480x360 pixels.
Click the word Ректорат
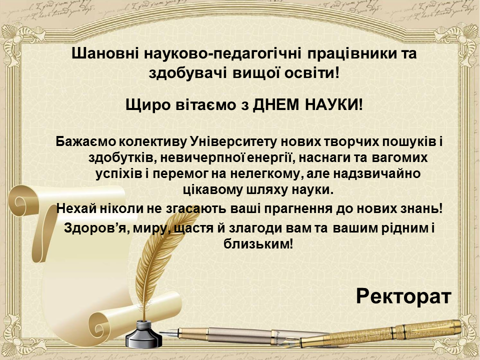pyautogui.click(x=403, y=296)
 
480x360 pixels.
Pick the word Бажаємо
pyautogui.click(x=86, y=141)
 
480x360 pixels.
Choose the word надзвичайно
pyautogui.click(x=377, y=173)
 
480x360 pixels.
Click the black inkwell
pyautogui.click(x=143, y=334)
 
